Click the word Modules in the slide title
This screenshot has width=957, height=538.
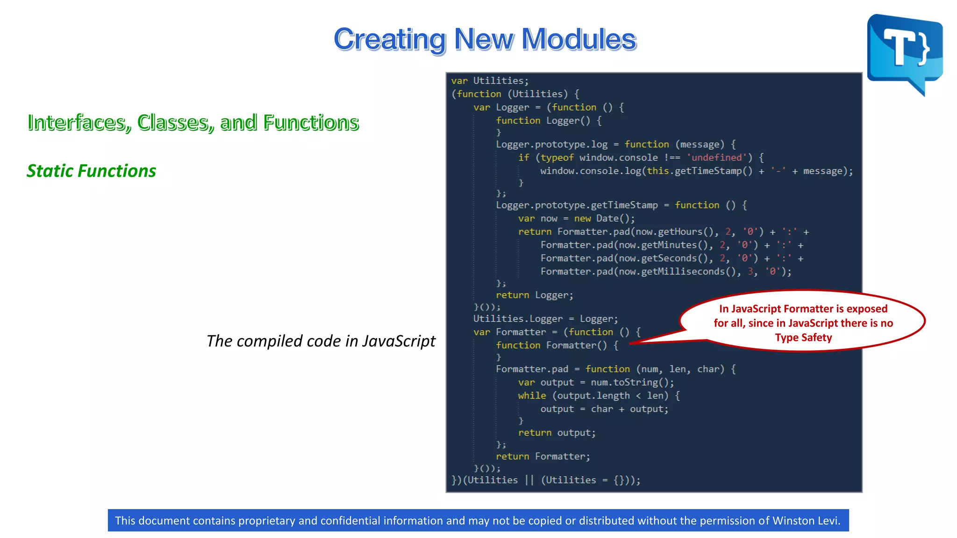click(578, 39)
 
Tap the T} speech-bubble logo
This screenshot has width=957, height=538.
click(905, 51)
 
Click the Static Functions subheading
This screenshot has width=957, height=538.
click(91, 171)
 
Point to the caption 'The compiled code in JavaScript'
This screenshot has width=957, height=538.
click(321, 341)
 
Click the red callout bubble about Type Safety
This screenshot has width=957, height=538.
click(803, 323)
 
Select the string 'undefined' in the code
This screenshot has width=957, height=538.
click(717, 158)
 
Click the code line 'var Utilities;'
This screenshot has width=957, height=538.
click(490, 81)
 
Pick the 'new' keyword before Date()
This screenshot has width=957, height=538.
click(582, 219)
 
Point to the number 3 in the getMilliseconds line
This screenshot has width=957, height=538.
click(750, 272)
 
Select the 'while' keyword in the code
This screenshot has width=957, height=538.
click(532, 396)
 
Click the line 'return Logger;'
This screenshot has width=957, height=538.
click(534, 295)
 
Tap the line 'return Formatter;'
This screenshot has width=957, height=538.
click(543, 456)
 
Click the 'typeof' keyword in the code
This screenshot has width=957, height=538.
click(557, 158)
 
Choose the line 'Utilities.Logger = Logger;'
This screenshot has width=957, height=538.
click(545, 319)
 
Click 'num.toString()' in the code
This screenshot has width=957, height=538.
click(632, 382)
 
